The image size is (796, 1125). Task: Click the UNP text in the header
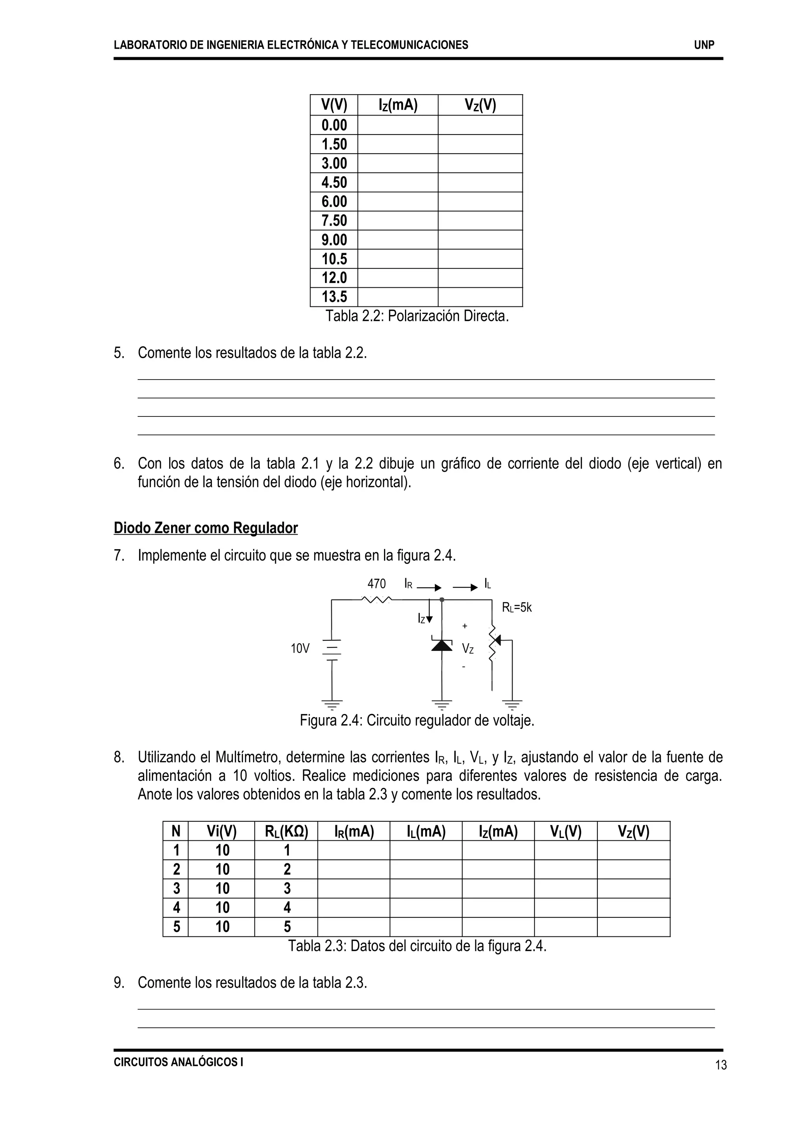pos(704,45)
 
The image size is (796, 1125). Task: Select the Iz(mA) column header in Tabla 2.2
pos(398,105)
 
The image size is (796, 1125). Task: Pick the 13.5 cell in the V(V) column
pos(334,297)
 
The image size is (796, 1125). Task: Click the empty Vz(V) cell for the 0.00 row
pos(480,125)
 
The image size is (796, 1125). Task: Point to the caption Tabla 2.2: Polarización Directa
pos(417,316)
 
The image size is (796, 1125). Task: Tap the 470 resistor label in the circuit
pos(377,584)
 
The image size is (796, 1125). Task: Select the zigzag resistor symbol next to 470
pos(377,599)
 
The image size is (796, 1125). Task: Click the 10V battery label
pos(300,649)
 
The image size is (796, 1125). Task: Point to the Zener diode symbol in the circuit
pos(442,646)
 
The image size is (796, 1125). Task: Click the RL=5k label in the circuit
pos(517,608)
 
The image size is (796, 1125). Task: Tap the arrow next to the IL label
pos(465,588)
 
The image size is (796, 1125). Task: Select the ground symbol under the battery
pos(332,704)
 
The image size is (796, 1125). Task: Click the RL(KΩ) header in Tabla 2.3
pos(286,831)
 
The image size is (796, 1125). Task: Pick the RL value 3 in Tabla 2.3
pos(287,888)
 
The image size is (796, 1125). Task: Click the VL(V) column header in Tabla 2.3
pos(565,831)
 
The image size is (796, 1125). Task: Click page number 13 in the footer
pos(721,1065)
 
